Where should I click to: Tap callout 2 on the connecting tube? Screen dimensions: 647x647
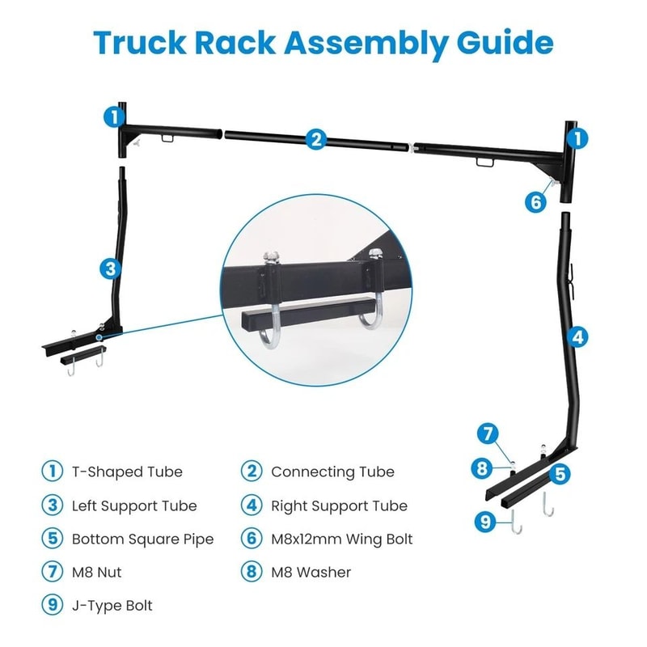point(315,139)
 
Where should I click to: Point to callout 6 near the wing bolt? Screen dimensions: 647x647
point(535,201)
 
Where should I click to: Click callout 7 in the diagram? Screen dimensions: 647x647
point(486,433)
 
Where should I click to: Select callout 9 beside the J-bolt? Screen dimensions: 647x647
point(486,522)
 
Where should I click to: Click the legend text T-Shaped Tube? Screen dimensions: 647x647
point(127,472)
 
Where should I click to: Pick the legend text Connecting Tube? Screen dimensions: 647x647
point(332,472)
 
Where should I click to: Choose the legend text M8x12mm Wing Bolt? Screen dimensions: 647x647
point(341,539)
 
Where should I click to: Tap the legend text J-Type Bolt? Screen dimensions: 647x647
point(112,605)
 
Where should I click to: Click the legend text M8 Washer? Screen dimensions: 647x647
point(311,572)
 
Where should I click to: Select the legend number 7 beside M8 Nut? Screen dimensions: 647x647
point(51,572)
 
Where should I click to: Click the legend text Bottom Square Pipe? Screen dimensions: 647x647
point(142,539)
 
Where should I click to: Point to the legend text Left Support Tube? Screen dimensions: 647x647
point(134,505)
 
